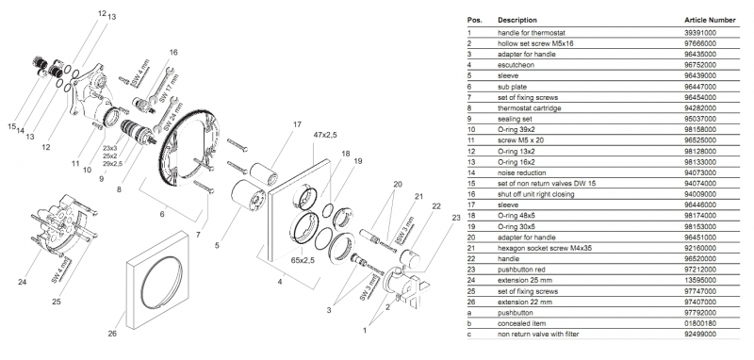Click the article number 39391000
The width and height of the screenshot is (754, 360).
[700, 33]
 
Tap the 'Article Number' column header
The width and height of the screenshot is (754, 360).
[710, 20]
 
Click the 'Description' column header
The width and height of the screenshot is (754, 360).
[517, 20]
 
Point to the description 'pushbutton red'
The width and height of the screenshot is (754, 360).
[521, 270]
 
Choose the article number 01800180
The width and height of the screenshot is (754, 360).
[700, 323]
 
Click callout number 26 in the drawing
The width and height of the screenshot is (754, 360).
[112, 334]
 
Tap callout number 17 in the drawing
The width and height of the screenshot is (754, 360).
[297, 125]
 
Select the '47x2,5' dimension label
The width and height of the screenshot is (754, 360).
[324, 135]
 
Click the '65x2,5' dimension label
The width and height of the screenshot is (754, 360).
[303, 260]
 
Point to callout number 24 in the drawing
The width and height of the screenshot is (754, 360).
[22, 282]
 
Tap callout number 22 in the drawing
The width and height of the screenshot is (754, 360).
[436, 206]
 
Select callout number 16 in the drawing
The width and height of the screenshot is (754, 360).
[173, 52]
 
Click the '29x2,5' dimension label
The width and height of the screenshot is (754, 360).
[112, 164]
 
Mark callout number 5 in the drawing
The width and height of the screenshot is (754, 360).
[217, 246]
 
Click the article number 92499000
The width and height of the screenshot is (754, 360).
[700, 334]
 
